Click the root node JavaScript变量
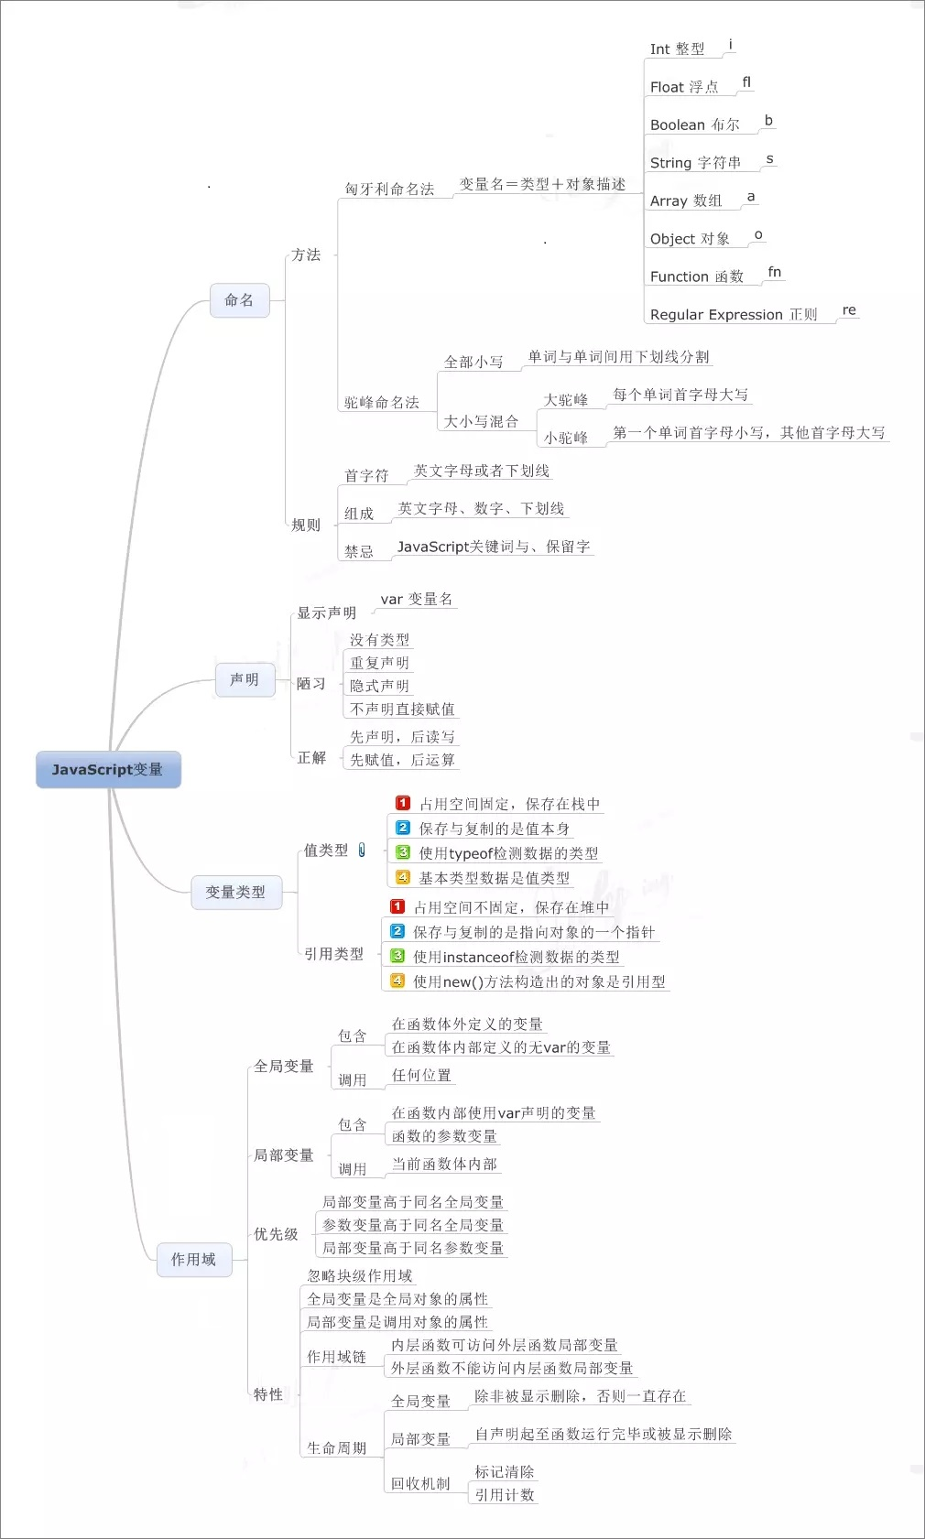(109, 769)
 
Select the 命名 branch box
(239, 300)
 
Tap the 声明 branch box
(245, 679)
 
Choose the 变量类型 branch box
(235, 893)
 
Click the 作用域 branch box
(194, 1260)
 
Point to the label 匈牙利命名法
(389, 189)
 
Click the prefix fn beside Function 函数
(775, 272)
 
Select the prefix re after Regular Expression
(849, 309)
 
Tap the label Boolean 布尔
(695, 125)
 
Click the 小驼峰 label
(566, 438)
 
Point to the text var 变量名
(417, 599)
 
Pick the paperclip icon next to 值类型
(362, 851)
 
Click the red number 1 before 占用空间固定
(403, 803)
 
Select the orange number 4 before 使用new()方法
(397, 981)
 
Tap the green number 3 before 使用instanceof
(397, 956)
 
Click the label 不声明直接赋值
(403, 709)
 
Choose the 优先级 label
(277, 1234)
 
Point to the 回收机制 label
(420, 1483)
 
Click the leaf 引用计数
(505, 1495)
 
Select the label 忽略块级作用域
(359, 1276)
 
